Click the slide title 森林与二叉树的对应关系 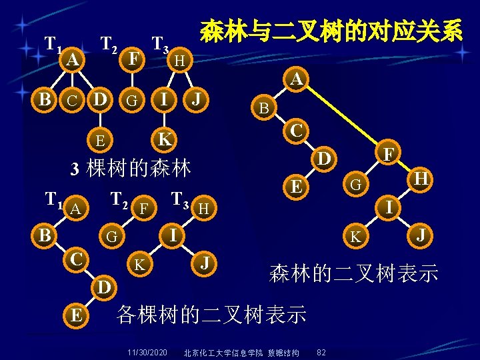pos(331,31)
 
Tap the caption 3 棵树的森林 pos(131,167)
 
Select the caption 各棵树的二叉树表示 pos(211,313)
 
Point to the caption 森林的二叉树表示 pos(353,272)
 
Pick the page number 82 pos(321,351)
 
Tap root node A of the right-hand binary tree pos(297,79)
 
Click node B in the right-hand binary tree pos(264,108)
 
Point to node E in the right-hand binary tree pos(293,187)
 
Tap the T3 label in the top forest pos(161,45)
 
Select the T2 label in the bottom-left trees pos(119,199)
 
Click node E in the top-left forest pos(99,140)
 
